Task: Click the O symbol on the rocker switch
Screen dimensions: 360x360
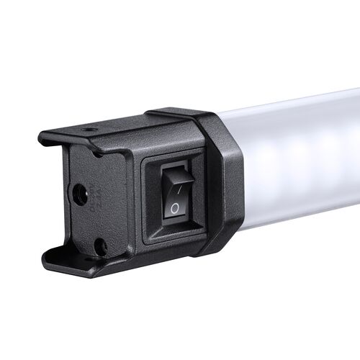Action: point(174,209)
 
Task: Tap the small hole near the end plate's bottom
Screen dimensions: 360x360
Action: point(99,246)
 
